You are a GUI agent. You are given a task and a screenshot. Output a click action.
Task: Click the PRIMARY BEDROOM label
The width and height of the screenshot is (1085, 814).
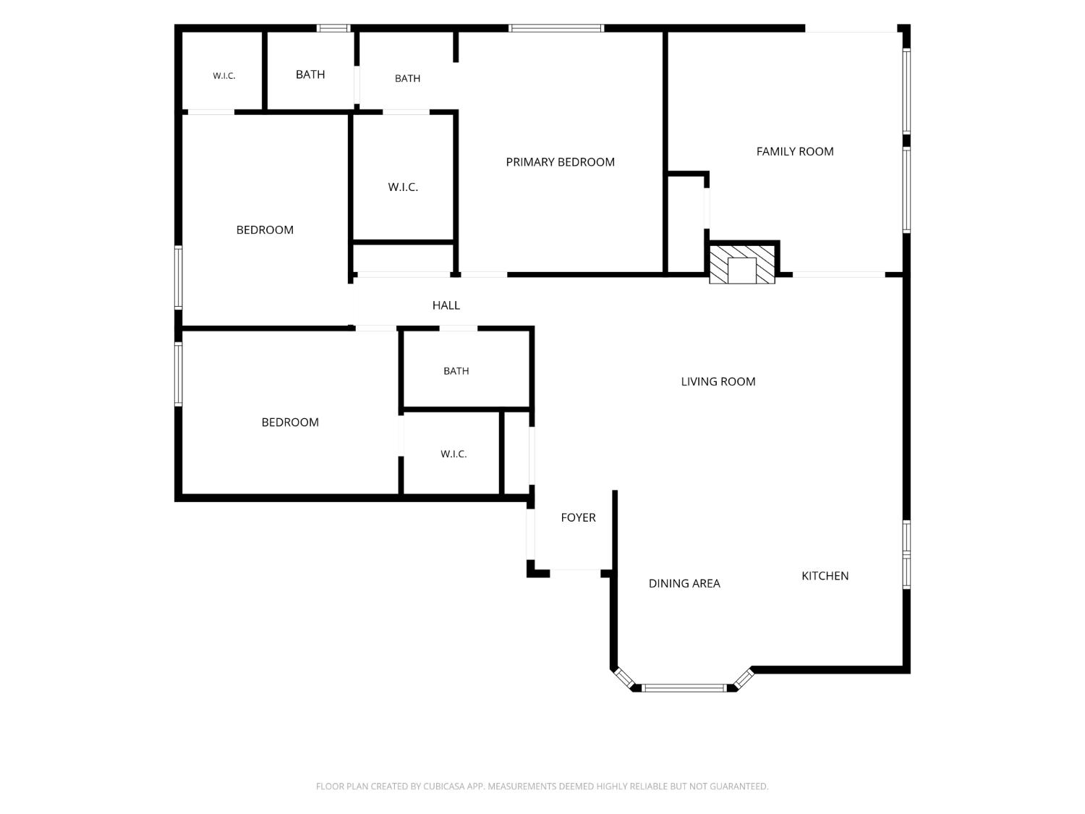pos(560,162)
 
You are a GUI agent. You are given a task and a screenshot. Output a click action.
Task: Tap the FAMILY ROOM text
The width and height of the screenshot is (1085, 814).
pos(795,152)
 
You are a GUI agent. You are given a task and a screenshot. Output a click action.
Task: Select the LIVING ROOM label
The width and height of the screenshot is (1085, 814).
pos(718,381)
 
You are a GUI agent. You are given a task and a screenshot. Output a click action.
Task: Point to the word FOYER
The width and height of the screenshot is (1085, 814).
pos(579,517)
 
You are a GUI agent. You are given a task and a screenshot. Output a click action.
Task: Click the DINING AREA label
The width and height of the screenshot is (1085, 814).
pos(684,584)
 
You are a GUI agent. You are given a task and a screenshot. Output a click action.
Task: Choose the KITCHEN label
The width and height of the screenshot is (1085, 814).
pos(825,576)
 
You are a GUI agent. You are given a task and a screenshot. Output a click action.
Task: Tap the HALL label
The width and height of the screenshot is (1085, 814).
pos(446,305)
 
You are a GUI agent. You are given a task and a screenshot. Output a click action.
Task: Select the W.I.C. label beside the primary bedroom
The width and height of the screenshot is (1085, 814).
pos(403,187)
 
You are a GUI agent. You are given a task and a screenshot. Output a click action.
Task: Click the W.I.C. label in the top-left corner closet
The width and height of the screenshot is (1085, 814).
pos(224,76)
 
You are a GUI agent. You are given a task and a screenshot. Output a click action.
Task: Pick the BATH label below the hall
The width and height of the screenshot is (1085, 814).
pos(456,371)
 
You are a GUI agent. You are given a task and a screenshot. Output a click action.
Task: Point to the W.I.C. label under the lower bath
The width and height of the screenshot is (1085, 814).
pos(454,454)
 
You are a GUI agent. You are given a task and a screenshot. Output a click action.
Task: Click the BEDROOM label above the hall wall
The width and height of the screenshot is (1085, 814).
pos(265,230)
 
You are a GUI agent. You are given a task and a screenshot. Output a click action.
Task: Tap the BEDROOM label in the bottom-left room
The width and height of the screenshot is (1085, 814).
pos(289,423)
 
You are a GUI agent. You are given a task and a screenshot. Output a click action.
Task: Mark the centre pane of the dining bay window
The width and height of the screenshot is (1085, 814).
pos(684,688)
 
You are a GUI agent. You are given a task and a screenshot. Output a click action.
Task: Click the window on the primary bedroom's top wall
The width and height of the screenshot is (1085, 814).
pos(556,28)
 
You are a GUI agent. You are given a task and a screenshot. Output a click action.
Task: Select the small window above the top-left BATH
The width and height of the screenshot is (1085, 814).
pos(333,28)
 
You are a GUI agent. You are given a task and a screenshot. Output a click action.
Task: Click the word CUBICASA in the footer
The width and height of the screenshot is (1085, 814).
pos(443,787)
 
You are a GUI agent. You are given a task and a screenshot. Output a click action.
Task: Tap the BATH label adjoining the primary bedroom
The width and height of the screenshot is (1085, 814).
pos(407,79)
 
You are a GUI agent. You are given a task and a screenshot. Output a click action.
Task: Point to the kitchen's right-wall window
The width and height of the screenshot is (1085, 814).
pos(906,554)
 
